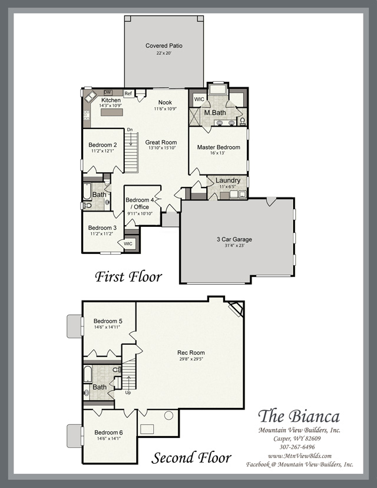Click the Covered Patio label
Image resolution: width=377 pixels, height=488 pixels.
pyautogui.click(x=164, y=45)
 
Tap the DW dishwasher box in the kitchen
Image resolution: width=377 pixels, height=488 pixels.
pyautogui.click(x=108, y=93)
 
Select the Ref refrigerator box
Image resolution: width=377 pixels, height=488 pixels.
pyautogui.click(x=128, y=93)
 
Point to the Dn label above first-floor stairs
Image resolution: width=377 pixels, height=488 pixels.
pyautogui.click(x=130, y=130)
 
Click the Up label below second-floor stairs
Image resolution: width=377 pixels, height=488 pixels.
pyautogui.click(x=128, y=393)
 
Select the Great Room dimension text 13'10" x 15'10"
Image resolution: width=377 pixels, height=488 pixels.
pyautogui.click(x=162, y=148)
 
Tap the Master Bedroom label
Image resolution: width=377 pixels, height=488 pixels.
pyautogui.click(x=219, y=147)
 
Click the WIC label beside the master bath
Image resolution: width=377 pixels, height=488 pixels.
pyautogui.click(x=199, y=99)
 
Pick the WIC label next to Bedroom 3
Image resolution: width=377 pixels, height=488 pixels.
pyautogui.click(x=128, y=243)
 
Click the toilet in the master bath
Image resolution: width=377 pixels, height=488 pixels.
pyautogui.click(x=243, y=121)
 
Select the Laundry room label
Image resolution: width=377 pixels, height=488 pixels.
pyautogui.click(x=228, y=180)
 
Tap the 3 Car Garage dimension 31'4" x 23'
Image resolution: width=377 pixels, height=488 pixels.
pyautogui.click(x=234, y=245)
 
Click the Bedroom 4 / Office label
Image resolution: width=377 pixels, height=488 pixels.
pyautogui.click(x=140, y=203)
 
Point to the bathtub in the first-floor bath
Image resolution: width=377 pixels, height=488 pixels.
pyautogui.click(x=87, y=192)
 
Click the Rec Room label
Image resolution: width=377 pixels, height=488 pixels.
pyautogui.click(x=191, y=352)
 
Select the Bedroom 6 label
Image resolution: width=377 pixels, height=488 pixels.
pyautogui.click(x=108, y=433)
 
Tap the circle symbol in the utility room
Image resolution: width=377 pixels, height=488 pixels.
pyautogui.click(x=168, y=415)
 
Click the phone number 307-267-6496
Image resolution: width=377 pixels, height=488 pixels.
pyautogui.click(x=297, y=447)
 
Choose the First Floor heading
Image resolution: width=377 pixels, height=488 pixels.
pyautogui.click(x=128, y=276)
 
